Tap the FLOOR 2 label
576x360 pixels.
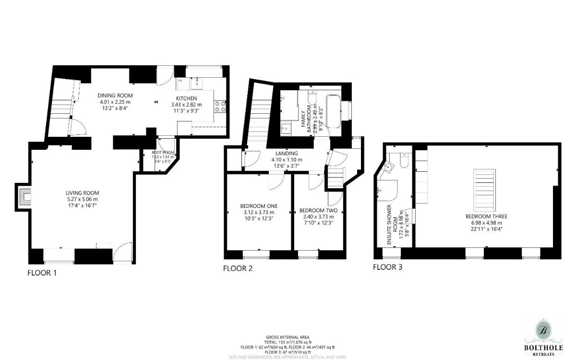[238, 268]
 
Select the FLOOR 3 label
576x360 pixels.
[387, 267]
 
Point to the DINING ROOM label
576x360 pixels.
[115, 95]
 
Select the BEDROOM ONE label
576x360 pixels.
[259, 206]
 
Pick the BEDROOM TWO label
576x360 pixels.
[318, 210]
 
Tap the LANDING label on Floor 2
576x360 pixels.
[287, 153]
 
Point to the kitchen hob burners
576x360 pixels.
[221, 106]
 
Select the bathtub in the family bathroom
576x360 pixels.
[333, 111]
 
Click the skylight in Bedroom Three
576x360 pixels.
[484, 189]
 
